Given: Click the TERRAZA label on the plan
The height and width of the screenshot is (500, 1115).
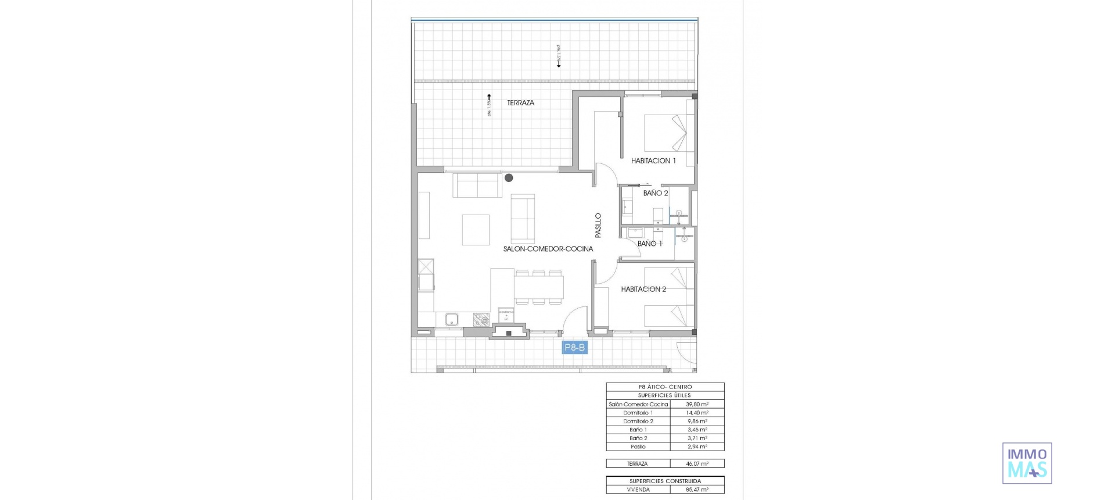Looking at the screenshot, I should click(520, 103).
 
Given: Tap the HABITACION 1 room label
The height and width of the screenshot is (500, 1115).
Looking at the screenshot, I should click(653, 161).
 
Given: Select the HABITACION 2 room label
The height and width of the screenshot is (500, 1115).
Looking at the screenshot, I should click(643, 289).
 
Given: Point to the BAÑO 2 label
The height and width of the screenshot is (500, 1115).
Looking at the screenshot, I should click(655, 193).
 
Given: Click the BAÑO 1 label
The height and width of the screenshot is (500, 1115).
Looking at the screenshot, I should click(649, 244).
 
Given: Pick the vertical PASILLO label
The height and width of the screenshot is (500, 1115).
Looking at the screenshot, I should click(598, 225).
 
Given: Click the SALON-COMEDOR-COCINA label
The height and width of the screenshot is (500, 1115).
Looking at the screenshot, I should click(548, 249).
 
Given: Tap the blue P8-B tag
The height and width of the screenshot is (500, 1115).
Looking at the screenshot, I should click(574, 348).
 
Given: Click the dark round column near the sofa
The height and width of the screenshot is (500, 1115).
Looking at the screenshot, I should click(509, 178).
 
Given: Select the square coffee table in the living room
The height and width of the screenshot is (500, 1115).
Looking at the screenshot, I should click(476, 230).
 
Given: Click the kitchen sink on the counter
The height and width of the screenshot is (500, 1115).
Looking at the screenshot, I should click(452, 319).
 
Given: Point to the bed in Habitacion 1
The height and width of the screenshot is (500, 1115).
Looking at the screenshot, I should click(668, 133).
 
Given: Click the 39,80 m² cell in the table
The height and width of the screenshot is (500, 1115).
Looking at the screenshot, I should click(697, 404).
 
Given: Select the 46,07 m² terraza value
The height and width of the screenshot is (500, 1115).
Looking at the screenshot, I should click(697, 464).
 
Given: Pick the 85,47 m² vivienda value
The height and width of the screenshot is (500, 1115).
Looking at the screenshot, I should click(697, 490).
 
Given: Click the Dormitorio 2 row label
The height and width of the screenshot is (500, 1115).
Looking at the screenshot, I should click(638, 421).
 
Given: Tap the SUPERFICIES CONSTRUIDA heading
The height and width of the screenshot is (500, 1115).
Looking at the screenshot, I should click(665, 481).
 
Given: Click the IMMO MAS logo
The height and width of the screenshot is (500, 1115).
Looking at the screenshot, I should click(1027, 463).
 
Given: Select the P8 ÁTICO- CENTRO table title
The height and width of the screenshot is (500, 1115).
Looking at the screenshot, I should click(665, 387).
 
